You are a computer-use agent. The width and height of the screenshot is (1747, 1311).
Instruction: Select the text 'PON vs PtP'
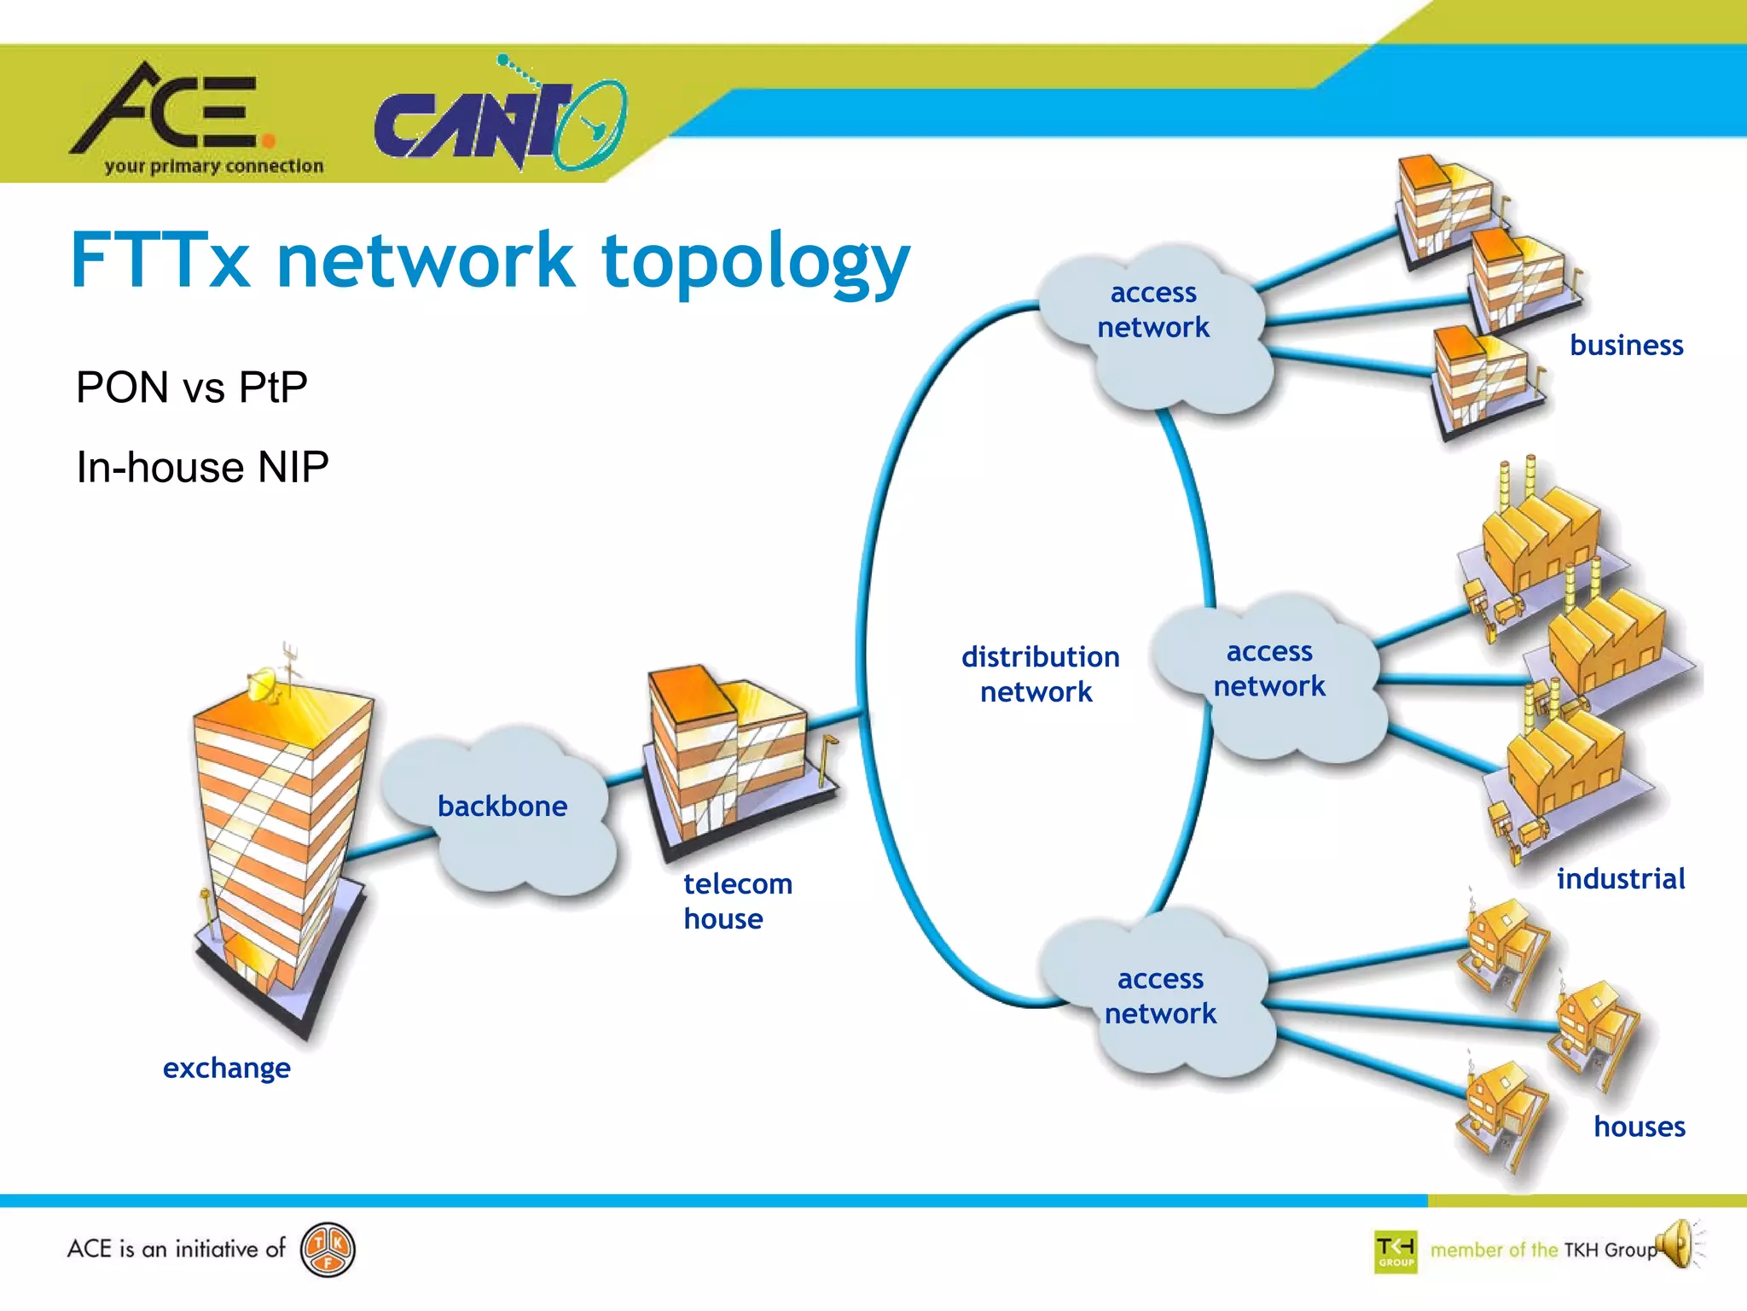(x=192, y=387)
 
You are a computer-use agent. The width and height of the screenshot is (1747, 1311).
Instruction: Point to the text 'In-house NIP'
(x=202, y=468)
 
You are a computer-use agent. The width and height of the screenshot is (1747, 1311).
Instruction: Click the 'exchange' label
(x=227, y=1068)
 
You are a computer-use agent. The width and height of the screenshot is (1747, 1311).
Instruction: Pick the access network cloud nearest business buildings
(x=1153, y=329)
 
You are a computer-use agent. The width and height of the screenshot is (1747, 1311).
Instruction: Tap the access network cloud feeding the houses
(x=1160, y=999)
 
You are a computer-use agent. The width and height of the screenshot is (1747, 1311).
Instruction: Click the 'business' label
(x=1626, y=345)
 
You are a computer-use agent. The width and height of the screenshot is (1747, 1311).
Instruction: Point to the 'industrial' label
(x=1620, y=878)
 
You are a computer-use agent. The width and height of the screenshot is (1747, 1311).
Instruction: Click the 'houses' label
(x=1639, y=1127)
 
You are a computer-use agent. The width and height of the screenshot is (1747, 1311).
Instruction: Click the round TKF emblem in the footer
(x=328, y=1251)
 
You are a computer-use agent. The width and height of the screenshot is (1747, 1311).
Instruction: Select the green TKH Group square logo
(x=1396, y=1252)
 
